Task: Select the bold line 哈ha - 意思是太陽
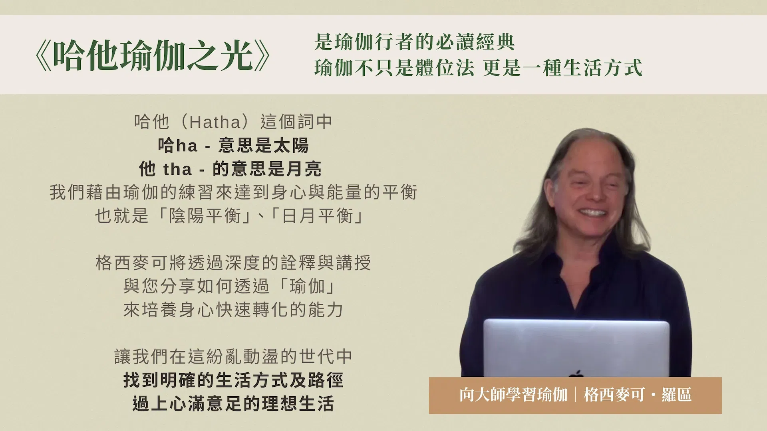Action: pyautogui.click(x=233, y=146)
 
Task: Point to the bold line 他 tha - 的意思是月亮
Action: pyautogui.click(x=230, y=169)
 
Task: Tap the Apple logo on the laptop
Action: pyautogui.click(x=576, y=374)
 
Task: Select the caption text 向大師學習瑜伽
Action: pyautogui.click(x=513, y=395)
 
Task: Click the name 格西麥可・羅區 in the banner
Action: pyautogui.click(x=638, y=395)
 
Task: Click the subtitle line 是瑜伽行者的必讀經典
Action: pyautogui.click(x=414, y=42)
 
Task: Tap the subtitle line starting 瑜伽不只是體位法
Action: pyautogui.click(x=478, y=68)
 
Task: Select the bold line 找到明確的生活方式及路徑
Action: pyautogui.click(x=233, y=380)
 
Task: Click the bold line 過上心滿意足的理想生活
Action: pyautogui.click(x=233, y=403)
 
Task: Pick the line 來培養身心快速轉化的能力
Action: pyautogui.click(x=233, y=310)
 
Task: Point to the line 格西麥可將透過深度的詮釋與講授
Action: pyautogui.click(x=233, y=263)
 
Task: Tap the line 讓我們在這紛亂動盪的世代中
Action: pyautogui.click(x=233, y=356)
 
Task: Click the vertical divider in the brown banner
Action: pyautogui.click(x=576, y=395)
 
